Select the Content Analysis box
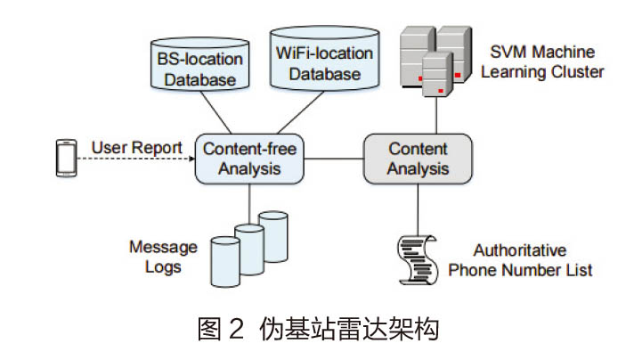pyautogui.click(x=418, y=158)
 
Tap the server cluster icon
pyautogui.click(x=435, y=58)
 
